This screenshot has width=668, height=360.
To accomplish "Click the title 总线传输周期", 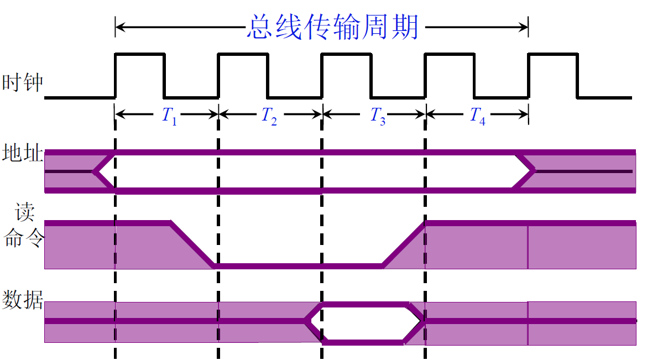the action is [x=332, y=27].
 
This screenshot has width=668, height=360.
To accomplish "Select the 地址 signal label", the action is [x=23, y=153].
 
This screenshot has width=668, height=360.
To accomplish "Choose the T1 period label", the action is [x=169, y=115].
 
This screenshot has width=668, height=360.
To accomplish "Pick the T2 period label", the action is [x=269, y=115].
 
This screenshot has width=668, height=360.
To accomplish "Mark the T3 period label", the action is [x=378, y=115].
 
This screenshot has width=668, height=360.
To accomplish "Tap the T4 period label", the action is [x=477, y=115].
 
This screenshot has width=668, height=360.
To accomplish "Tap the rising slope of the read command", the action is [x=404, y=244].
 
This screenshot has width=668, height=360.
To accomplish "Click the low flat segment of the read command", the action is [x=299, y=266].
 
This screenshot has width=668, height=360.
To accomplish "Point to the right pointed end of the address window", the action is [x=533, y=171].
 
